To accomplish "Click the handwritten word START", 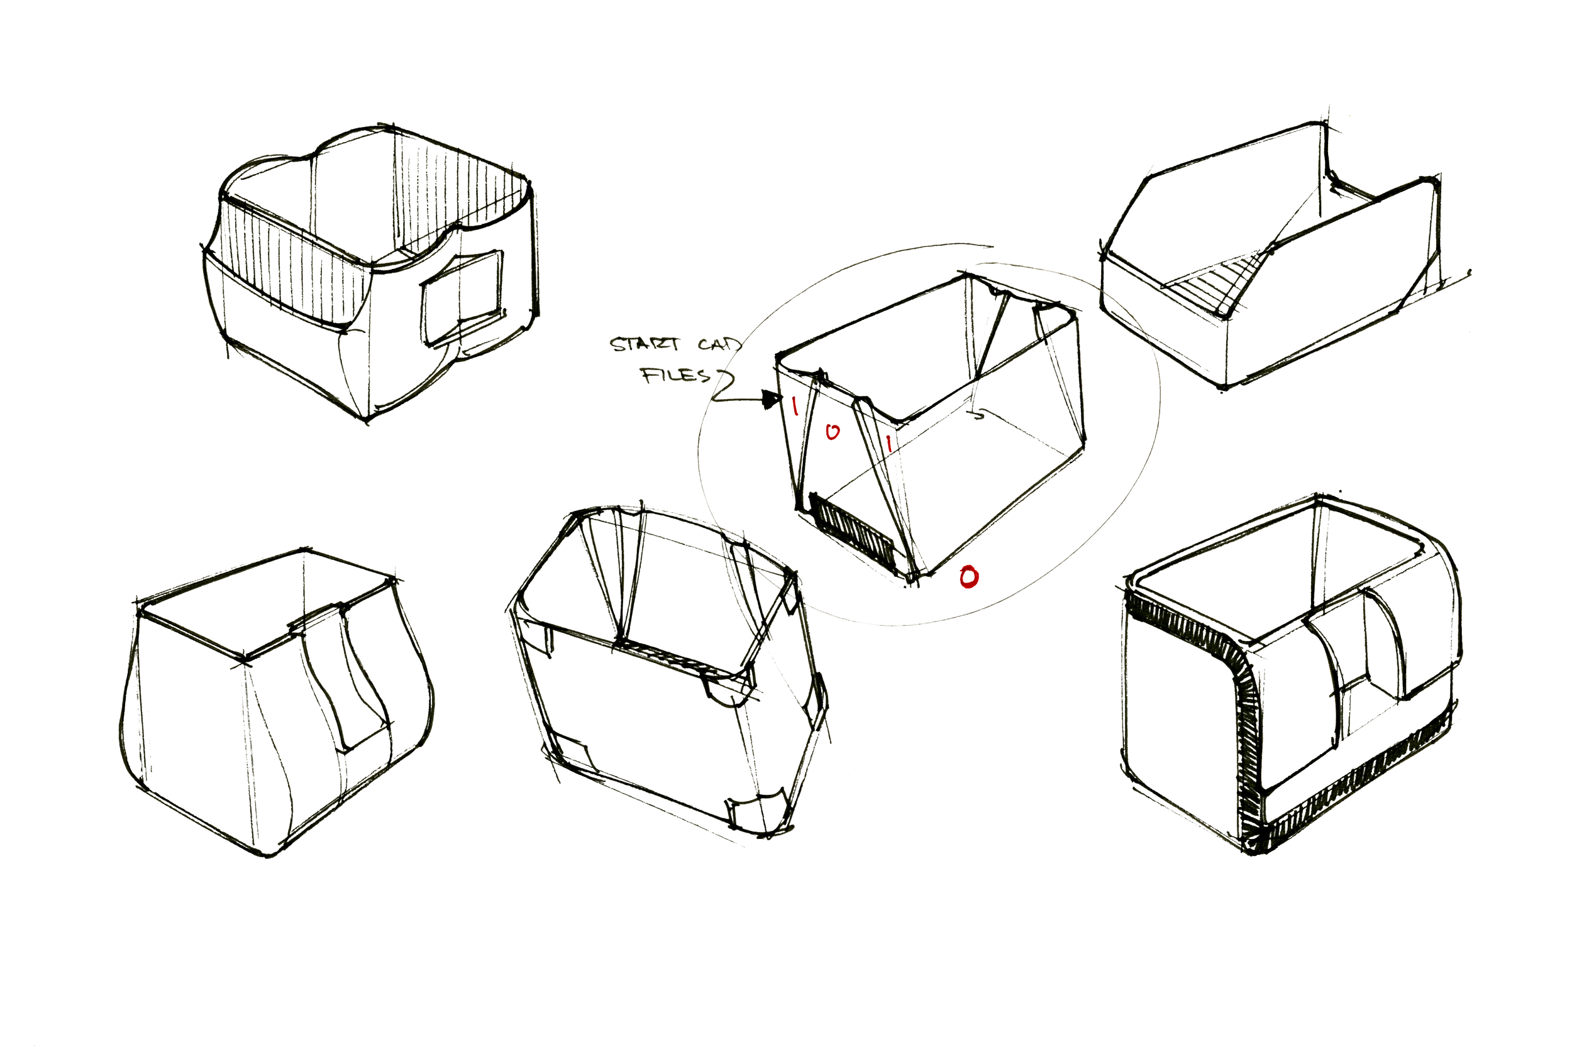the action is pyautogui.click(x=645, y=344).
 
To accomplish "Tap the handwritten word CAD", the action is pyautogui.click(x=719, y=344).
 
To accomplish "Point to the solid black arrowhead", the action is pyautogui.click(x=773, y=400).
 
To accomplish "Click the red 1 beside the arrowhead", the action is pyautogui.click(x=795, y=405).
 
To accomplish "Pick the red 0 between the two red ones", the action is pyautogui.click(x=832, y=432).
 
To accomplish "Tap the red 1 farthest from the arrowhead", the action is pyautogui.click(x=888, y=442).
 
